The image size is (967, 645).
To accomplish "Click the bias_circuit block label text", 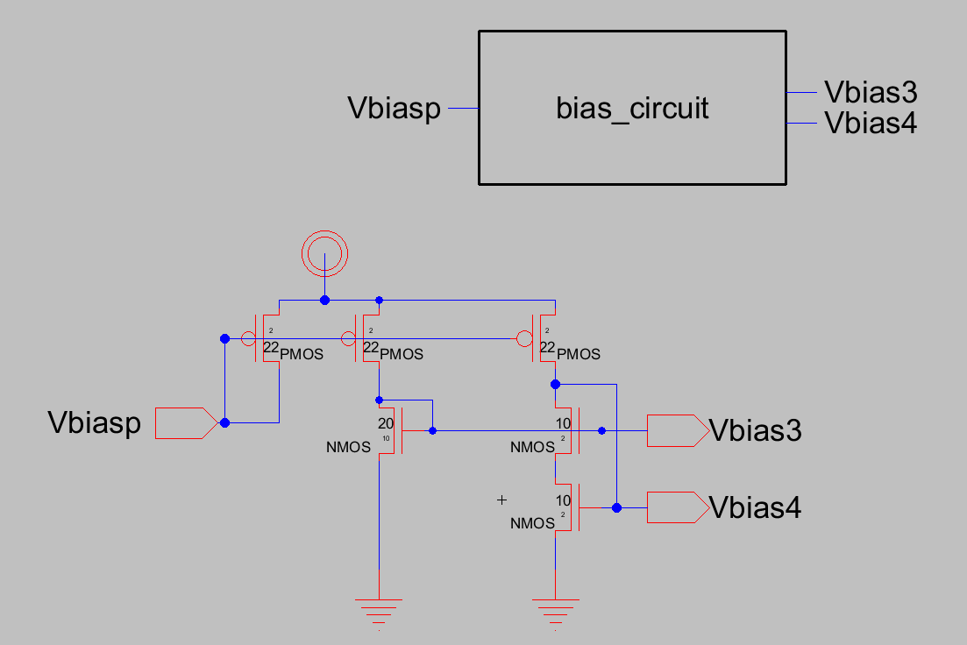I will coord(632,109).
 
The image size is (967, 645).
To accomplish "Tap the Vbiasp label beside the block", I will coord(394,109).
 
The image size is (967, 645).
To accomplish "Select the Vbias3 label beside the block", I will coord(871,92).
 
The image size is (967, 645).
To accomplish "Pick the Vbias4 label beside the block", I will coord(871,124).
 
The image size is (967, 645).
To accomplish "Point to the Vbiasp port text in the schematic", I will coord(94,423).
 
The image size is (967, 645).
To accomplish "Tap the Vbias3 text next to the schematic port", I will coord(755,431).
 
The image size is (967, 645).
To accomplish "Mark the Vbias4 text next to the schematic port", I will coord(755,508).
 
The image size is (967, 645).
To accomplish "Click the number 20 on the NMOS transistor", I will coord(386,423).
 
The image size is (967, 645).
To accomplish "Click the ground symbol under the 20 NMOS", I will coord(379,605).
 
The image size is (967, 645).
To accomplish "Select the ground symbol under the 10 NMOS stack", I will coord(555,605).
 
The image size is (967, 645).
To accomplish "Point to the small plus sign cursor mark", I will coord(502,500).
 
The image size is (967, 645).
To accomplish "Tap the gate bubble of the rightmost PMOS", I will coord(524,339).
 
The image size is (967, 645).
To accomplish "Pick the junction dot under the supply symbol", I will coord(325,300).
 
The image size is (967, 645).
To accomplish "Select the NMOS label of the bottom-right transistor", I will coord(532,523).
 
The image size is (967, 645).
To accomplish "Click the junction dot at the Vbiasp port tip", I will coord(224,422).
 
